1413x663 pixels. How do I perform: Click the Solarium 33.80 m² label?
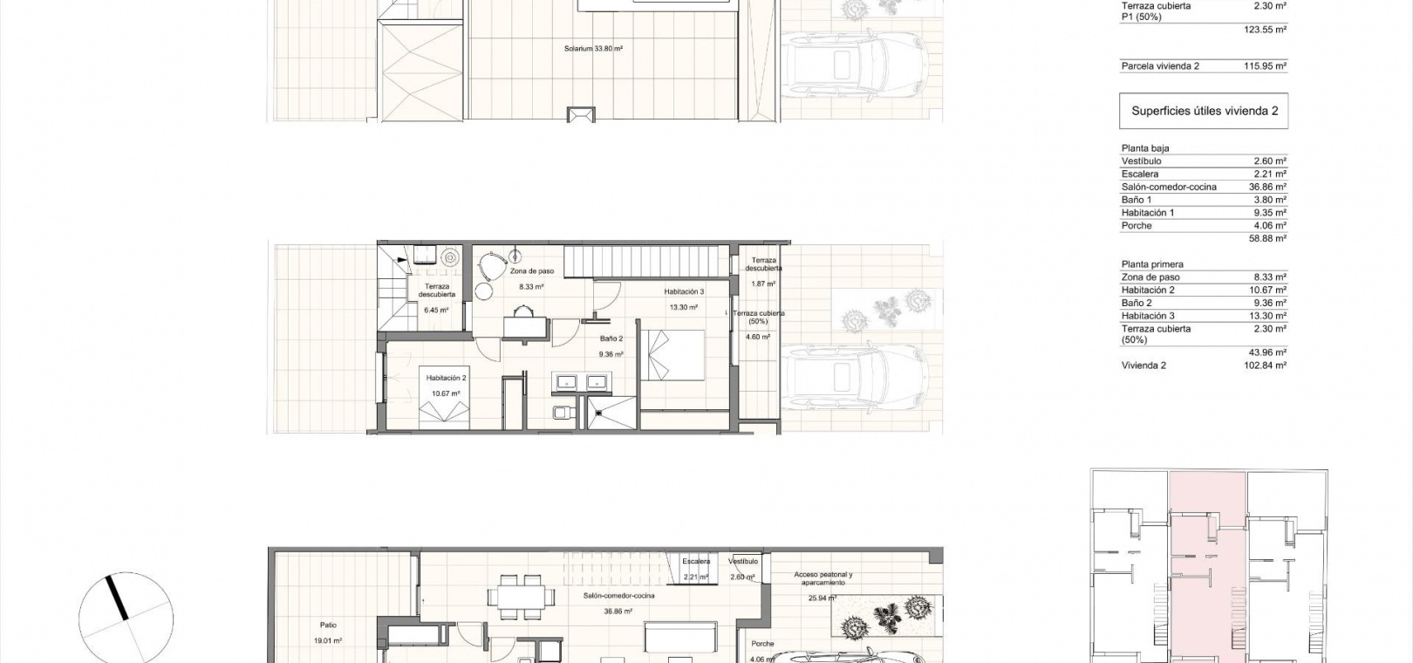(x=593, y=49)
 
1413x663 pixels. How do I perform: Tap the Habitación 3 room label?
(x=684, y=291)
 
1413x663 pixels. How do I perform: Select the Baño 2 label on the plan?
(x=611, y=338)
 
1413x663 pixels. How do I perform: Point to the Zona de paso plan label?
(x=532, y=271)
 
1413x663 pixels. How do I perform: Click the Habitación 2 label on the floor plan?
(x=446, y=378)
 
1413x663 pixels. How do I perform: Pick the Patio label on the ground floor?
(x=328, y=625)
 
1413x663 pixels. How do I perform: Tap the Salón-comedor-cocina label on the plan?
(x=618, y=596)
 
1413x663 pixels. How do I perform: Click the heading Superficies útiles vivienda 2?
(x=1205, y=111)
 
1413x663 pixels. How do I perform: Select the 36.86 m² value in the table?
(x=1268, y=187)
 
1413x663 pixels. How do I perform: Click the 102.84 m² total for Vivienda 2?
(x=1266, y=366)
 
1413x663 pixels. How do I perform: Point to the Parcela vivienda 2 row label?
(x=1160, y=66)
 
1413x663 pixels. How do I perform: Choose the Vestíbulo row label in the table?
(x=1141, y=161)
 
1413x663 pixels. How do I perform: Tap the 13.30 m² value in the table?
(x=1268, y=316)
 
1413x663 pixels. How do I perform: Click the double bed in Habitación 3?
(x=672, y=355)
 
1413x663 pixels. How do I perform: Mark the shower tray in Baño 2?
(x=612, y=414)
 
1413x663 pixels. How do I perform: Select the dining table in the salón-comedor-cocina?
(x=522, y=596)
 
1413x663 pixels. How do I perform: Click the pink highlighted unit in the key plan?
(x=1207, y=568)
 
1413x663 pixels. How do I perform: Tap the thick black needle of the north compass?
(x=118, y=598)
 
